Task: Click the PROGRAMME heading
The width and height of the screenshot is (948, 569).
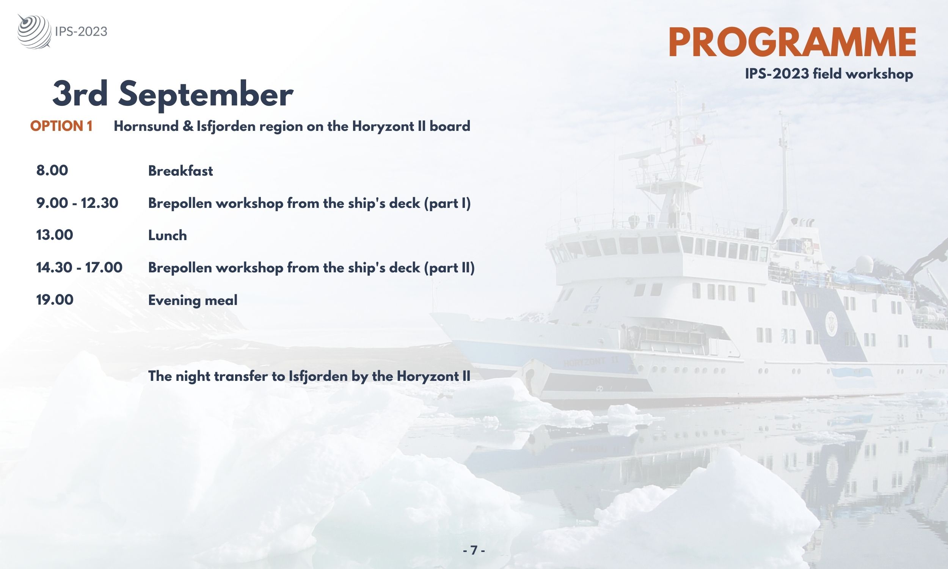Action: coord(793,42)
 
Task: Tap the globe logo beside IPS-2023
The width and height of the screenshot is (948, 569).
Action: coord(34,31)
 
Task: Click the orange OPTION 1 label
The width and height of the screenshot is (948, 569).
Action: coord(61,126)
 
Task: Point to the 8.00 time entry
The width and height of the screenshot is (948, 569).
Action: coord(52,170)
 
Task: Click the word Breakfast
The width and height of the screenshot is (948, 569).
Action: coord(180,171)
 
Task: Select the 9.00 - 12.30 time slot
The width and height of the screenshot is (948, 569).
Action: coord(77,203)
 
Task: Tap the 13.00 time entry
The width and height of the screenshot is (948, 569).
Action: coord(54,235)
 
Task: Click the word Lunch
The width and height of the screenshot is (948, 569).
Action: coord(168,235)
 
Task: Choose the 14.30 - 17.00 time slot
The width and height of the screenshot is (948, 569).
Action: coord(79,267)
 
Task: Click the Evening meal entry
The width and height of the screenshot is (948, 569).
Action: coord(193,300)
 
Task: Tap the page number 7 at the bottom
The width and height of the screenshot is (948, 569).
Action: coord(474,550)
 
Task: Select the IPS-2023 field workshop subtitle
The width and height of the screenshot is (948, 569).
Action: coord(829,74)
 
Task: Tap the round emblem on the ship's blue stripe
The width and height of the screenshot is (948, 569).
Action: coord(832,324)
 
